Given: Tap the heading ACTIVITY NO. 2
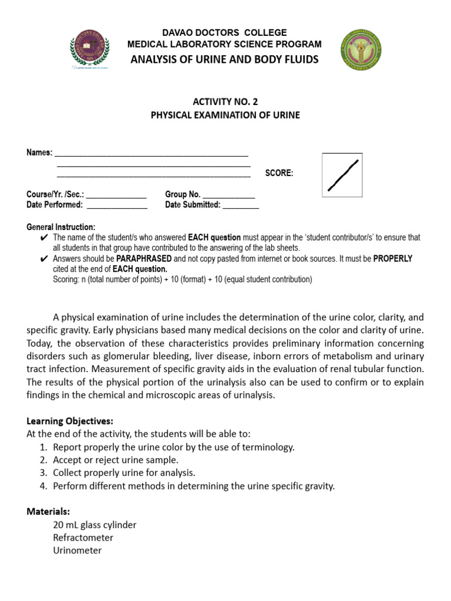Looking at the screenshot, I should (225, 102).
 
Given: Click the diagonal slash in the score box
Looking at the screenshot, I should (343, 175).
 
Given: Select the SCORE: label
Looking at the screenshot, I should (279, 173).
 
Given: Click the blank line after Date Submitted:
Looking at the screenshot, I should (241, 205).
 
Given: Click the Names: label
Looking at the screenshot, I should (39, 153).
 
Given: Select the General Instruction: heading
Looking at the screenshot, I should (60, 227).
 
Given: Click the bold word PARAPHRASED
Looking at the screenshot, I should (144, 258).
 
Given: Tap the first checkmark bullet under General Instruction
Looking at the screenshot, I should (44, 238).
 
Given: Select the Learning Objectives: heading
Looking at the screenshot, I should (70, 421).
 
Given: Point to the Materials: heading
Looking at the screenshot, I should (48, 511).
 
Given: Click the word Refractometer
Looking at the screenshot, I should (83, 538).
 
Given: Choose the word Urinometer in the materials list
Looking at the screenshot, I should (77, 551).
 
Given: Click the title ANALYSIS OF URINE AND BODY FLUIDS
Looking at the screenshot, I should (225, 59).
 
